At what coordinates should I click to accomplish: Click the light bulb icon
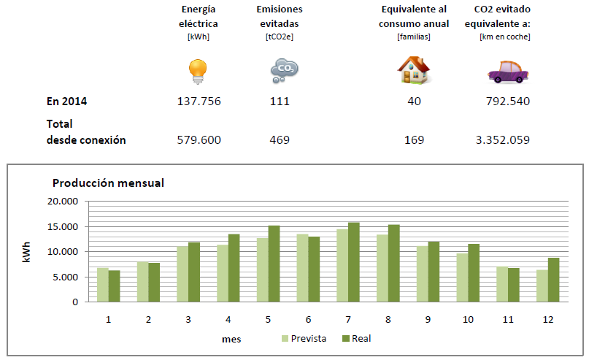(x=198, y=72)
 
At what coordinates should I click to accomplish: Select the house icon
(x=413, y=70)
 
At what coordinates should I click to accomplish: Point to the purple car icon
(x=508, y=72)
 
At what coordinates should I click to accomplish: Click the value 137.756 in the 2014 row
(x=199, y=102)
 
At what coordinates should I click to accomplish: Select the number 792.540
(x=507, y=102)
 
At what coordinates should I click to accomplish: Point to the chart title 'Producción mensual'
(x=108, y=183)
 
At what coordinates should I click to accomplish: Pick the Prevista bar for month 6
(x=302, y=268)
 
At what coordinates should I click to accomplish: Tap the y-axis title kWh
(x=27, y=251)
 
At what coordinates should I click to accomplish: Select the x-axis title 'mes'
(x=231, y=340)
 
